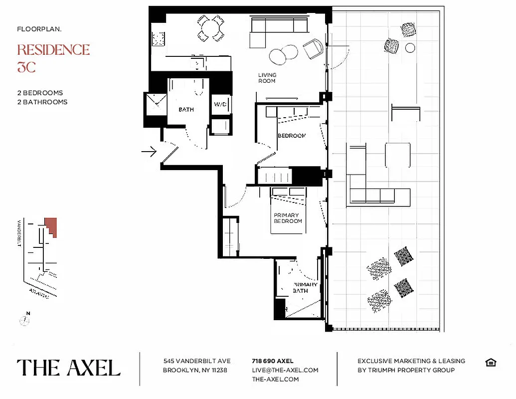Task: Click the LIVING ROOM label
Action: tap(267, 78)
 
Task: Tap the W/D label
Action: tap(220, 105)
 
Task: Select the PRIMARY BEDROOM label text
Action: tap(288, 218)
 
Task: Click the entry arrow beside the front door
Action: tap(149, 151)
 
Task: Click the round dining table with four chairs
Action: tap(210, 27)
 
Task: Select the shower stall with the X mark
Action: tap(156, 104)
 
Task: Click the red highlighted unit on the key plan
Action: tap(51, 227)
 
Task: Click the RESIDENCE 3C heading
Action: tap(53, 58)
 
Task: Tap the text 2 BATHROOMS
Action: tap(42, 102)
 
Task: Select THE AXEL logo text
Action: tap(69, 368)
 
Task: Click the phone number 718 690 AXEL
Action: tap(273, 361)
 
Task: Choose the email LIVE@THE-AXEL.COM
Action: tap(285, 370)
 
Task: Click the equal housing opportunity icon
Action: tap(491, 363)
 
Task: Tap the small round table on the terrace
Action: tap(410, 48)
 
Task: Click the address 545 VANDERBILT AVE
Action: tap(196, 361)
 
